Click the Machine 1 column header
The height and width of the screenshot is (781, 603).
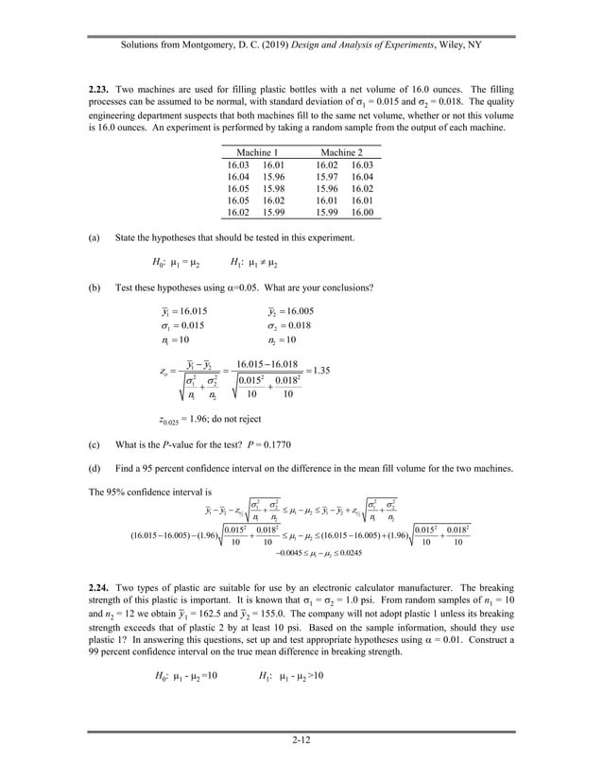coord(257,152)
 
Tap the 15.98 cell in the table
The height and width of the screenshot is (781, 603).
coord(273,188)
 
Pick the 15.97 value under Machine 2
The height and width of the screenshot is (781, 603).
coord(326,176)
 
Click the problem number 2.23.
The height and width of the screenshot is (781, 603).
coord(99,88)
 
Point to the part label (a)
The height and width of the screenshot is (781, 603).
coord(95,237)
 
